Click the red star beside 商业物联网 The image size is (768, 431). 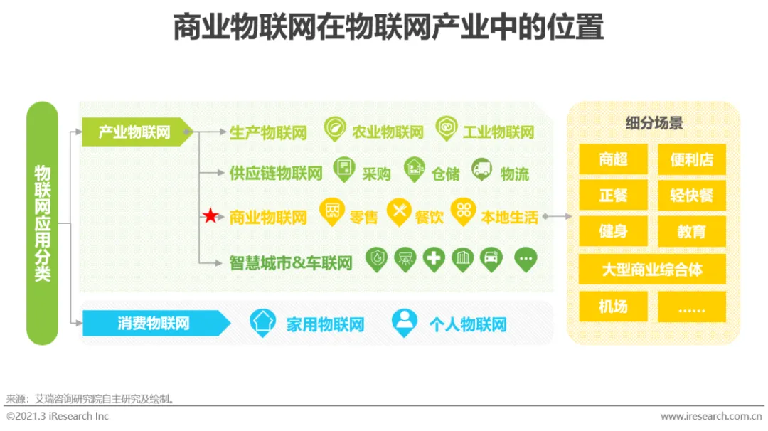(x=210, y=217)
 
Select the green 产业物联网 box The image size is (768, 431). (x=135, y=132)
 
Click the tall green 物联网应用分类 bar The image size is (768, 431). (x=43, y=223)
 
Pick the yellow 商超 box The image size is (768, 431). (x=613, y=159)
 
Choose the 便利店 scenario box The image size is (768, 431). (x=691, y=159)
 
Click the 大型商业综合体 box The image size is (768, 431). (x=652, y=270)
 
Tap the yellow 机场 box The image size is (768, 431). (x=613, y=307)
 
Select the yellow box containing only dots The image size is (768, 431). (x=691, y=307)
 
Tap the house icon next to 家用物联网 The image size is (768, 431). (x=263, y=322)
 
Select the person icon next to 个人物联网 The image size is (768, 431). (x=405, y=322)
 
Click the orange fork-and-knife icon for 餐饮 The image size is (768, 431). (x=399, y=211)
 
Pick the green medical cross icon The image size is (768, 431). (x=434, y=259)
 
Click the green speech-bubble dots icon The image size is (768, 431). (x=526, y=259)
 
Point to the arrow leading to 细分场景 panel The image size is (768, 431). (x=559, y=216)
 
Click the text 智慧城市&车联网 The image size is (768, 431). (x=291, y=262)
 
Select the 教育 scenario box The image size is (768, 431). (x=691, y=232)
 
